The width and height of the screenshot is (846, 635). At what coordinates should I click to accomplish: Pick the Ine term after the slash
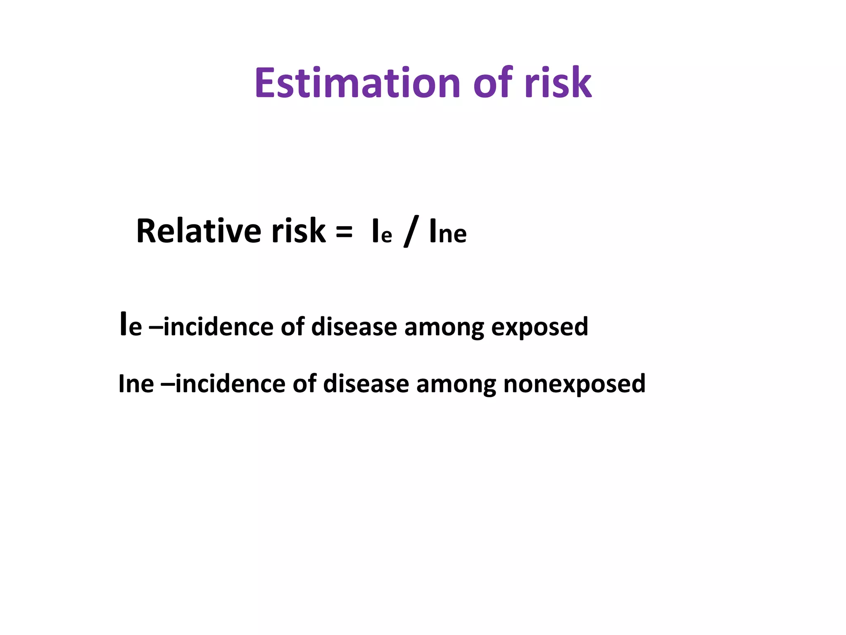(448, 232)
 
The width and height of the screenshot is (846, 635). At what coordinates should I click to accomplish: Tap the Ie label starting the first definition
(131, 326)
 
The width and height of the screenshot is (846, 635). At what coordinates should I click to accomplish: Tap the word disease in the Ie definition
(354, 327)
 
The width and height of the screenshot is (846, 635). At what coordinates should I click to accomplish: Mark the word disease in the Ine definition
(366, 384)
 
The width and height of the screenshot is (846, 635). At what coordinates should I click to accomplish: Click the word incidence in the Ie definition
(219, 327)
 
